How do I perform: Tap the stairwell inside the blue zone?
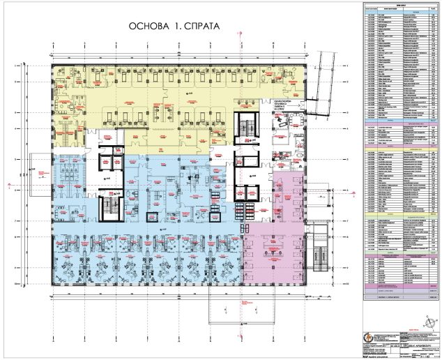click(111, 206)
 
